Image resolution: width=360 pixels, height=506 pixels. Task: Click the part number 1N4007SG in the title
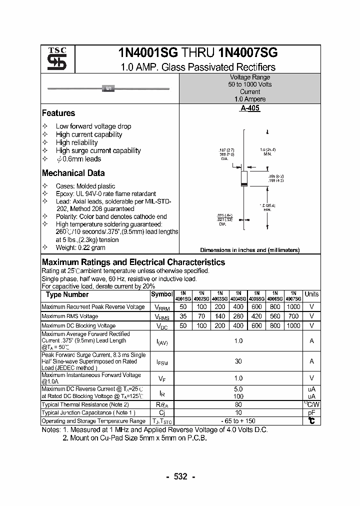click(x=248, y=54)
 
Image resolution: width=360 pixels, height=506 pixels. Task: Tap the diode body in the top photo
click(x=108, y=88)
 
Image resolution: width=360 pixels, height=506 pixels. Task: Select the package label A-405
click(x=250, y=108)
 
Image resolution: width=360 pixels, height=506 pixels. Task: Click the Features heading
click(x=58, y=113)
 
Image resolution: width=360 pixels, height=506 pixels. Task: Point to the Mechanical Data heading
click(x=73, y=173)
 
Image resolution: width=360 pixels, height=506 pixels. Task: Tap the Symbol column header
click(x=162, y=294)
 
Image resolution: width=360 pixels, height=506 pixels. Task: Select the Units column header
click(x=311, y=294)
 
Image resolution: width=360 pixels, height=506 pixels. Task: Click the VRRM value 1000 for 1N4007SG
click(x=293, y=306)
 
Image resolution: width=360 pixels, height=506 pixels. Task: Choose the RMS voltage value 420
click(x=256, y=316)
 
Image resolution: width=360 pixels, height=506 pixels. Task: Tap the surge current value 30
click(x=238, y=361)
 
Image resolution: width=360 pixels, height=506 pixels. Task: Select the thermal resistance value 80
click(x=238, y=404)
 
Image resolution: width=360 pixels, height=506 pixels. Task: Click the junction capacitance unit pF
click(x=311, y=413)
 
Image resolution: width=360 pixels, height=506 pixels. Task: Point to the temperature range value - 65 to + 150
click(x=238, y=421)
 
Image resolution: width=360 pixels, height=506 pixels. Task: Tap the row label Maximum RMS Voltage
click(x=69, y=316)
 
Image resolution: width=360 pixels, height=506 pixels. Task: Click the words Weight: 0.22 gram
click(x=80, y=247)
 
